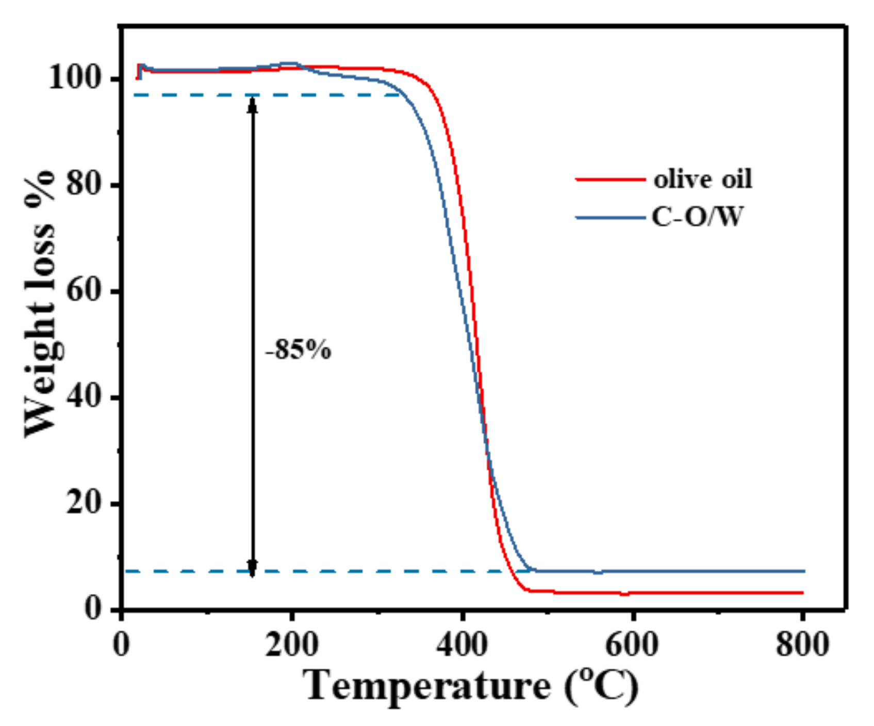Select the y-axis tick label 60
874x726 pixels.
[x=83, y=290]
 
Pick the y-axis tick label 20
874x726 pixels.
[x=83, y=503]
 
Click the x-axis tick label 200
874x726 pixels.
[x=291, y=644]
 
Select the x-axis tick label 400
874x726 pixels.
[x=462, y=644]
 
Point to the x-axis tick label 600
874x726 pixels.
[x=632, y=644]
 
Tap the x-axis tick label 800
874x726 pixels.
[x=802, y=644]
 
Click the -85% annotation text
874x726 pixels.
[x=298, y=350]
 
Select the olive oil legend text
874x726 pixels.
[x=703, y=180]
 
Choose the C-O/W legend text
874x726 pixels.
[x=697, y=217]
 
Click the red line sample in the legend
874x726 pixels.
[x=611, y=180]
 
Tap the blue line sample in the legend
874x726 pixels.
[x=611, y=218]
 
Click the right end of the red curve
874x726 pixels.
[x=802, y=593]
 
